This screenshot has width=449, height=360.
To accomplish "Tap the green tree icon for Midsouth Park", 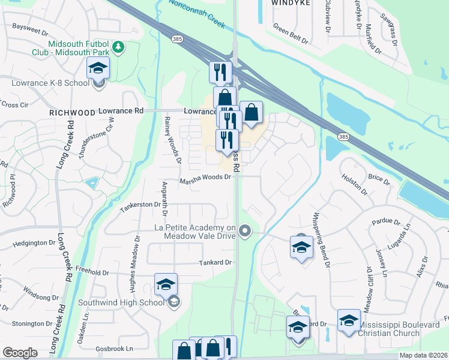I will click(119, 46).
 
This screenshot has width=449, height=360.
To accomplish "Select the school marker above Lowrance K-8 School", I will click(98, 68).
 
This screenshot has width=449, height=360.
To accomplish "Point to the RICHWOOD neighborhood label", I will click(73, 112).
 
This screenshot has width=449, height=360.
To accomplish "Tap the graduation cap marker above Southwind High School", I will click(166, 284).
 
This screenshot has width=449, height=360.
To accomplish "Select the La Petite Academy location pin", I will click(244, 230).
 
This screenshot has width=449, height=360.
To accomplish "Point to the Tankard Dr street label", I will click(215, 263).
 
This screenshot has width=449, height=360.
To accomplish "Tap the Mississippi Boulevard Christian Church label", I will click(403, 329).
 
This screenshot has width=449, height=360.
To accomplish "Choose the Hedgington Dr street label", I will click(34, 243).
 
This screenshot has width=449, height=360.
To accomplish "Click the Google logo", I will click(19, 353).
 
